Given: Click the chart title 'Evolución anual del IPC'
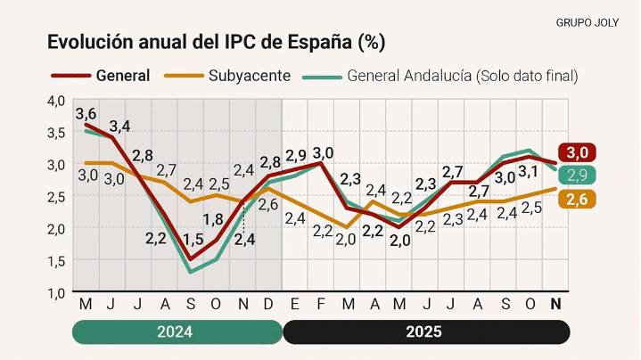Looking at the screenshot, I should coord(216,43).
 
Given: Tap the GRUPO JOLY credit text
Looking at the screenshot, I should coord(593,21).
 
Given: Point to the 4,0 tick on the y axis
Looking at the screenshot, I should coord(56,101).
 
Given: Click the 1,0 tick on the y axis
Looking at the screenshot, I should coord(56,292).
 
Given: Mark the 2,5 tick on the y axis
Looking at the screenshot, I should coord(56,196).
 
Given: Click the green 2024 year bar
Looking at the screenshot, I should coord(177,332).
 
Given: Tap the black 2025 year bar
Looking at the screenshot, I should coord(426,332).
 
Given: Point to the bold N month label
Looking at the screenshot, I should coord(556,305).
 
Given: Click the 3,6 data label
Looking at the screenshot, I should coord(86,114).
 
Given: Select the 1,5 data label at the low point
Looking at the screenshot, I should coord(193,239).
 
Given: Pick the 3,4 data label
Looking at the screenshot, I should coord(119,126).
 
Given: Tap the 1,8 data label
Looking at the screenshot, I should coord(213,219).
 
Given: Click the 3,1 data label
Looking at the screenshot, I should coord(528,171).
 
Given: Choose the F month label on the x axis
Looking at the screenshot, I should coord(320,305).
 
